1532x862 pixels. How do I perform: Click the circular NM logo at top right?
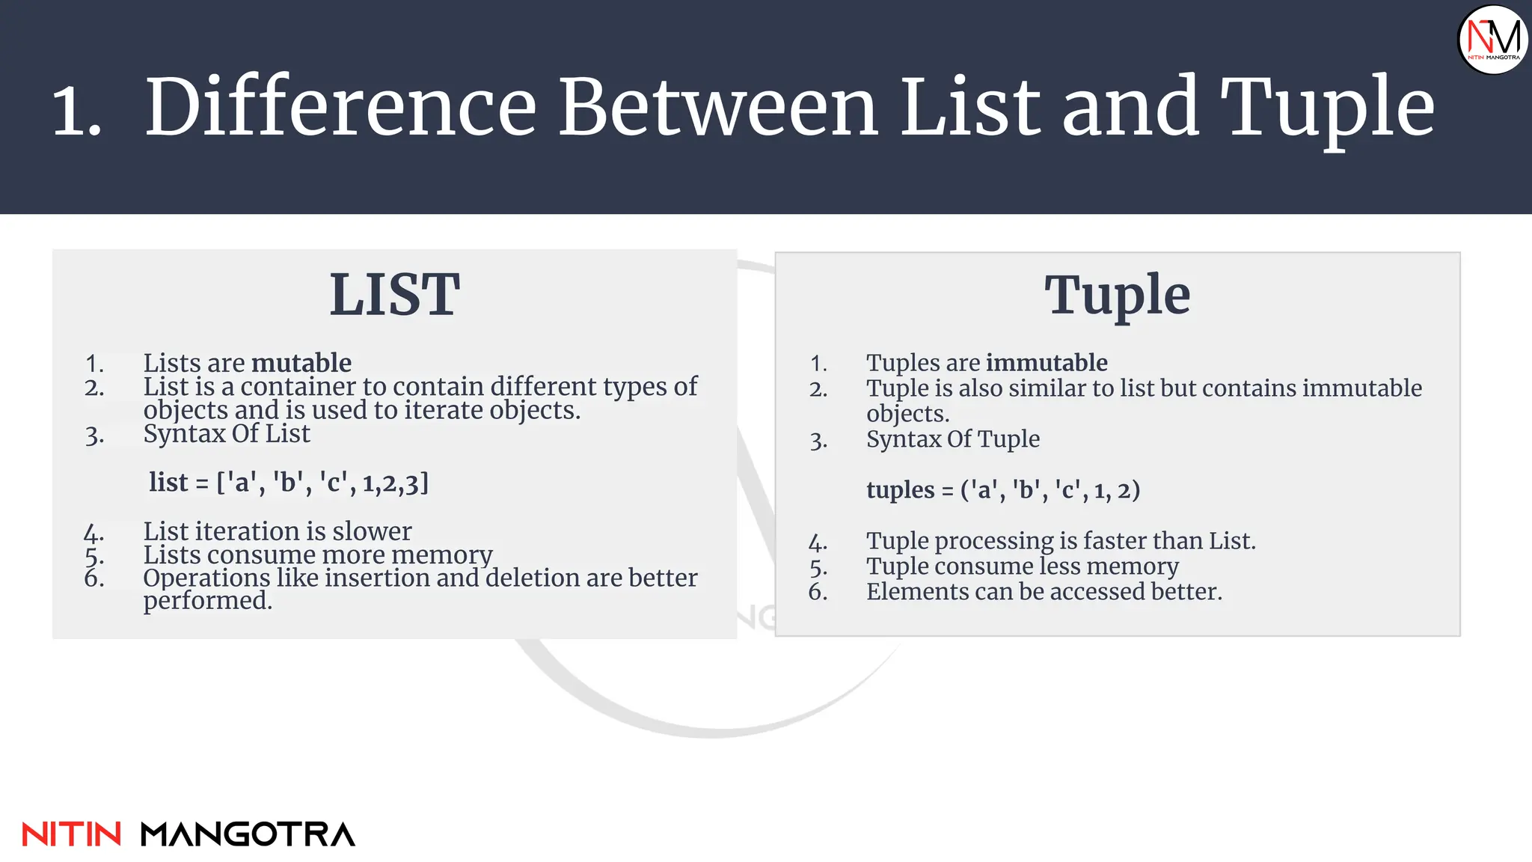(1493, 40)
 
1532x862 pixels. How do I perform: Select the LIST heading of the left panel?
(394, 295)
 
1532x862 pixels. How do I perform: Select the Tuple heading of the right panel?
(1117, 296)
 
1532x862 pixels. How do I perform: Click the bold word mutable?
(301, 363)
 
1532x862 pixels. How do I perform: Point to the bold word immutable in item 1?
(1047, 363)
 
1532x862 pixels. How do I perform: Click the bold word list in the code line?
(168, 483)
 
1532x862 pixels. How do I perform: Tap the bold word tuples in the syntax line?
(900, 490)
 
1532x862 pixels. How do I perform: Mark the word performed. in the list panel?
(207, 600)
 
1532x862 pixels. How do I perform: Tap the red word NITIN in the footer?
(71, 834)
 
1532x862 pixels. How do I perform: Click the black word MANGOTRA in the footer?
(248, 834)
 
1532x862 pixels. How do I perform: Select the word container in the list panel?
(298, 387)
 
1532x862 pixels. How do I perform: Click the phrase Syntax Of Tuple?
(952, 439)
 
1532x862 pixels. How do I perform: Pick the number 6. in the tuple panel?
(818, 592)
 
